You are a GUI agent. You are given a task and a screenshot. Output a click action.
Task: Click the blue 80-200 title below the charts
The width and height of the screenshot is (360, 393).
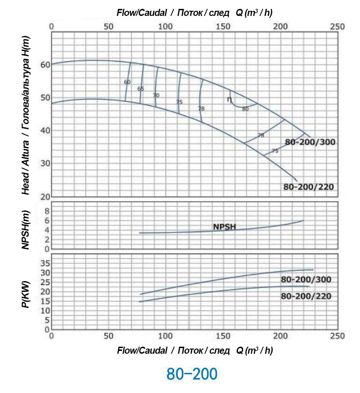[x=192, y=374]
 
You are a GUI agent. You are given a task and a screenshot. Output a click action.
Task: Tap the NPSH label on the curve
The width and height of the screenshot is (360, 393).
[x=224, y=227]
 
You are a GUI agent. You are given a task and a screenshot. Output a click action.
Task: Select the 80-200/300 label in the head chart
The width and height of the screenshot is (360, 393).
[x=310, y=142]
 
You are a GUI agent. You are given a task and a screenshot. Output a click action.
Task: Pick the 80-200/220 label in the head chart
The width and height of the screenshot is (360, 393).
[x=309, y=187]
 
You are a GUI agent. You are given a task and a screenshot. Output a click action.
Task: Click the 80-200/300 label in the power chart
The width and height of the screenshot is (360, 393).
[x=306, y=280]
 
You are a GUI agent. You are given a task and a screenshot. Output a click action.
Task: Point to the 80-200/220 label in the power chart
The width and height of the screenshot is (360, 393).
[x=306, y=296]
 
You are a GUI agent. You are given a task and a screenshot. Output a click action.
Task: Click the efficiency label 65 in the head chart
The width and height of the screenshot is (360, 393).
[x=141, y=88]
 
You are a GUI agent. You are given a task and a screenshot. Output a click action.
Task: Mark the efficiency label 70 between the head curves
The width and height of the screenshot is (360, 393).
[x=156, y=95]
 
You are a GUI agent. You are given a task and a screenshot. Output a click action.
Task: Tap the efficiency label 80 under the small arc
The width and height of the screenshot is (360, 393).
[x=245, y=109]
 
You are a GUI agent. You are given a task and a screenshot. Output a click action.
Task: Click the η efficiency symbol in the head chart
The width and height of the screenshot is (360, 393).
[x=229, y=99]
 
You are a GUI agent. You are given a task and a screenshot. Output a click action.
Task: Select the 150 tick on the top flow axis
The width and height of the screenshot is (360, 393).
[x=223, y=27]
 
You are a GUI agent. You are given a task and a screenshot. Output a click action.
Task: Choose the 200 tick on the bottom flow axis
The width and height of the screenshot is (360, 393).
[x=280, y=336]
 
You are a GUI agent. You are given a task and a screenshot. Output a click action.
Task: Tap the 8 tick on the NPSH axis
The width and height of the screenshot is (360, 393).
[x=46, y=211]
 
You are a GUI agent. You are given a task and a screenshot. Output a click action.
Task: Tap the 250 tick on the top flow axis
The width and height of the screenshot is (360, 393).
[x=337, y=27]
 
